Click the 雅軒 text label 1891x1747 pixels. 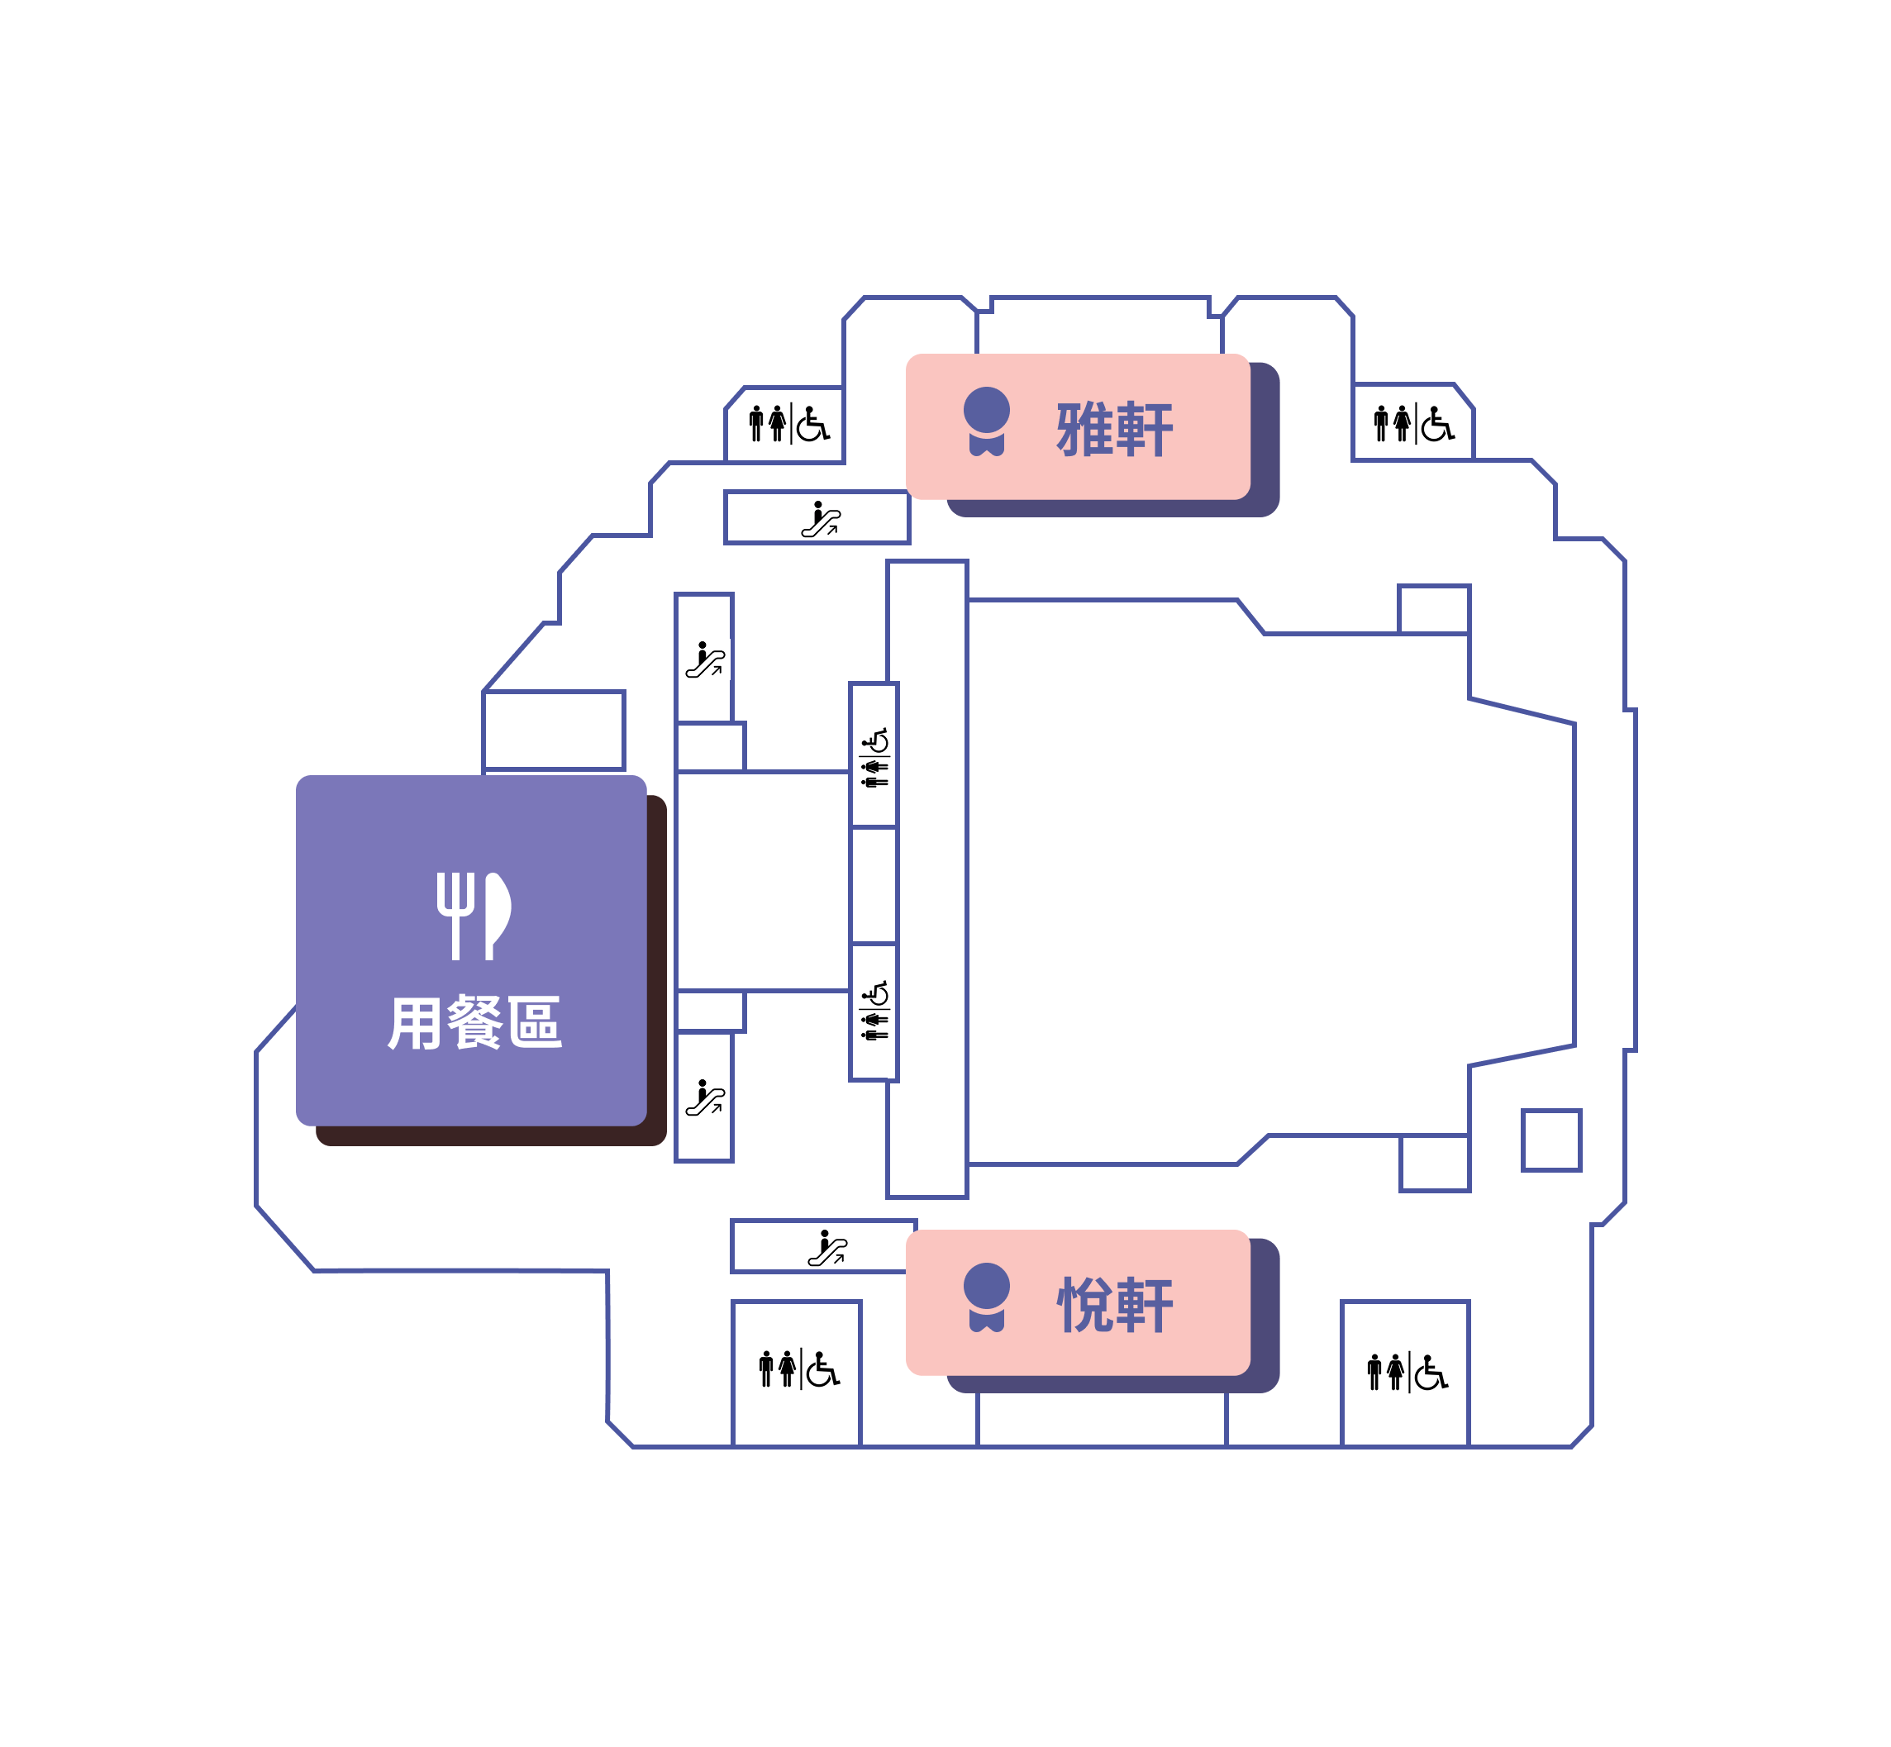point(1114,429)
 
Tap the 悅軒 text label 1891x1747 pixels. point(1114,1305)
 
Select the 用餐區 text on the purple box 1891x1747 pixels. point(474,1022)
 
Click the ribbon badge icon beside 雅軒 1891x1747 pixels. point(986,421)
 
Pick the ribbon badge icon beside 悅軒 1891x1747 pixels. point(986,1297)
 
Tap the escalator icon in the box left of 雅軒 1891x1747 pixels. point(820,519)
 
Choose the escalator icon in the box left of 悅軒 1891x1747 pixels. point(826,1248)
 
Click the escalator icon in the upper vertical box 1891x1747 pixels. point(704,659)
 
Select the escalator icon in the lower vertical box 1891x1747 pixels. point(704,1097)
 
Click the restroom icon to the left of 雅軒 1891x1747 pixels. point(788,423)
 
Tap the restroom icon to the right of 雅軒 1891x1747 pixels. point(1412,423)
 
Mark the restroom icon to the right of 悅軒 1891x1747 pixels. point(1407,1372)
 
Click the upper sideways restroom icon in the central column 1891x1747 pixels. point(874,757)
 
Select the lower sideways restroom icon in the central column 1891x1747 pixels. point(874,1011)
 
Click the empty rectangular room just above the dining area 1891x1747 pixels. point(553,730)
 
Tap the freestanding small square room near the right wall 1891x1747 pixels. point(1550,1140)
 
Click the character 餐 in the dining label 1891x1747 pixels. point(474,1022)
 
